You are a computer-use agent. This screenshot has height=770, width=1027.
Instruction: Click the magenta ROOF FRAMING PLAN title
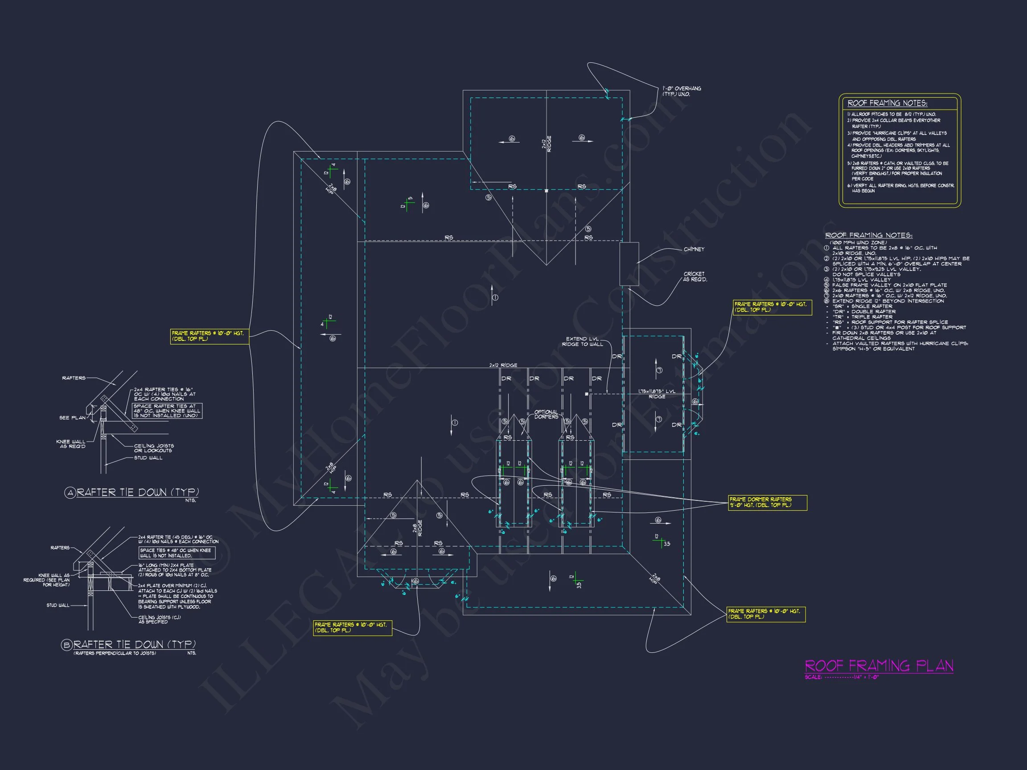tap(879, 666)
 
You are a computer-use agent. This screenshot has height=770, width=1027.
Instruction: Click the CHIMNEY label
tap(694, 249)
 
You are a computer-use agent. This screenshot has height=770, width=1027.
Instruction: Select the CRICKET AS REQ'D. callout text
tap(694, 277)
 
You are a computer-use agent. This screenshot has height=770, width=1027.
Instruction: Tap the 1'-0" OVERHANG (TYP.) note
tap(682, 91)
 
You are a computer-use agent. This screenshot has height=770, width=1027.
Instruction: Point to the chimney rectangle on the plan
tap(629, 264)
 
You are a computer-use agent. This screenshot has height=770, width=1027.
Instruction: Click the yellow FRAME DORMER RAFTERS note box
tap(767, 502)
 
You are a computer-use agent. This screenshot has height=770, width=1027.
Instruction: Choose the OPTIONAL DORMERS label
tap(546, 414)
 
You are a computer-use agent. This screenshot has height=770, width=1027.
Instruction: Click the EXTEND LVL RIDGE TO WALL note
tap(582, 342)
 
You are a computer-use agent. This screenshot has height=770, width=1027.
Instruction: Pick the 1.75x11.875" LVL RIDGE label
tap(657, 393)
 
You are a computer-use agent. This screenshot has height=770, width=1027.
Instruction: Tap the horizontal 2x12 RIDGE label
tap(503, 365)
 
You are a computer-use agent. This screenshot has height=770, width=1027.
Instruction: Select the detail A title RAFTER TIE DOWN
tap(138, 492)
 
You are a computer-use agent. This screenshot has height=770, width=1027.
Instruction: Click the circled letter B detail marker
tap(67, 645)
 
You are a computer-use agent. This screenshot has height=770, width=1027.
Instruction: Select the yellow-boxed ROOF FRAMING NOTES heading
tap(887, 103)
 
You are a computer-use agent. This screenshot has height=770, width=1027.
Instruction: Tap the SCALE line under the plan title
tap(841, 677)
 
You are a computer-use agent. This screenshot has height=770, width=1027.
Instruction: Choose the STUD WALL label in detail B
tap(58, 605)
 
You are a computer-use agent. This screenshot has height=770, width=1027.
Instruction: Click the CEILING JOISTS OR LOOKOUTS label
tap(154, 448)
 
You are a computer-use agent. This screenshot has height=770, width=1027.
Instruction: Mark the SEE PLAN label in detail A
tap(72, 418)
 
